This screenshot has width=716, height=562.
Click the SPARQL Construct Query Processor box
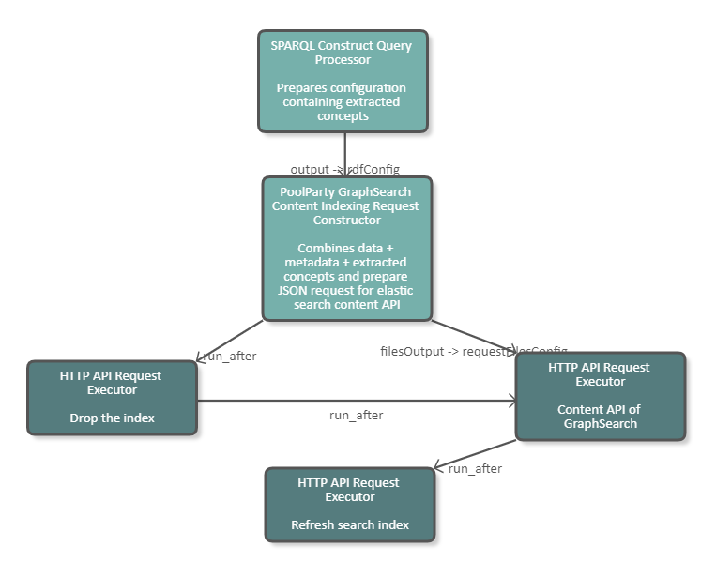(x=343, y=80)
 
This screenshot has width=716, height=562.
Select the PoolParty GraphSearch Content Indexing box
(x=347, y=249)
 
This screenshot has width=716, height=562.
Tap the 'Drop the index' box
(x=112, y=397)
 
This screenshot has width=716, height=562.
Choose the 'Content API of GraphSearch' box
(x=601, y=396)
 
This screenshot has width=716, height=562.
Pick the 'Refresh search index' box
(x=350, y=504)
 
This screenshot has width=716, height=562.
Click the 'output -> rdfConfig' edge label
(x=344, y=169)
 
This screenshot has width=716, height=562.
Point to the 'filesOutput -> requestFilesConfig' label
(x=473, y=351)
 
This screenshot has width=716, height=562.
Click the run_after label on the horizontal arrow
(x=356, y=415)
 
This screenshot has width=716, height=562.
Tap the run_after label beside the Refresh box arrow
(x=475, y=468)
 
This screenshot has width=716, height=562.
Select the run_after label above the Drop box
(x=230, y=356)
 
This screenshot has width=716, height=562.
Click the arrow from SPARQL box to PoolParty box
(x=345, y=150)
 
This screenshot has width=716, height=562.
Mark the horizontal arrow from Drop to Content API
(x=357, y=401)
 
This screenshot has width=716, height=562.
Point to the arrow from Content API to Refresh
(x=475, y=454)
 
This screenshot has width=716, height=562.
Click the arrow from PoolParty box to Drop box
(x=231, y=339)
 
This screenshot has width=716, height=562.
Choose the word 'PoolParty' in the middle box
(x=308, y=192)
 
